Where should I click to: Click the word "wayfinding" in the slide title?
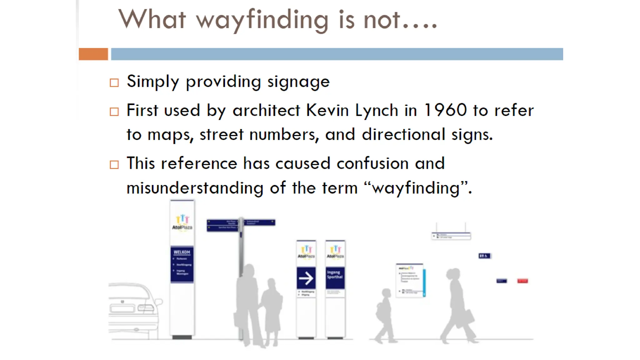(262, 20)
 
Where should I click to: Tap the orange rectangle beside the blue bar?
(93, 54)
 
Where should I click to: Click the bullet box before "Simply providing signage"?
(114, 83)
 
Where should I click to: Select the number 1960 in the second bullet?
(445, 110)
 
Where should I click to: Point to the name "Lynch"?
(377, 111)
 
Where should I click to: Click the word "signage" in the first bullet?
(298, 82)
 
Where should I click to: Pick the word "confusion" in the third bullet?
(372, 163)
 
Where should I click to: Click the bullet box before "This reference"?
(114, 165)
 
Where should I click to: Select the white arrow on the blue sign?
(306, 278)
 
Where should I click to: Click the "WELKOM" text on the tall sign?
(182, 252)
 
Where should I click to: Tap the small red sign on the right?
(522, 281)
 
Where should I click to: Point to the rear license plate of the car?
(122, 309)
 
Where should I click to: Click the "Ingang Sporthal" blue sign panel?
(335, 277)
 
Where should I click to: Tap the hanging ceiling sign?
(451, 236)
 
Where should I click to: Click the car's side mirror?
(159, 302)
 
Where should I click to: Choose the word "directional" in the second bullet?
(403, 135)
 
